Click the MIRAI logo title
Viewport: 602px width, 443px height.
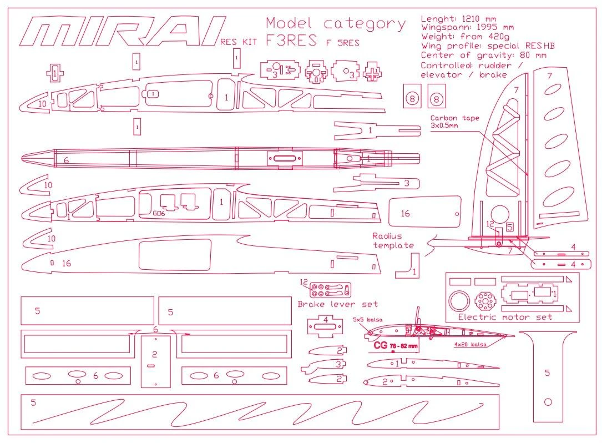122,31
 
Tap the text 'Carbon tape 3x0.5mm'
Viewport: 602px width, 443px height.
454,122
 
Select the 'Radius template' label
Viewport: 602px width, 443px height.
393,240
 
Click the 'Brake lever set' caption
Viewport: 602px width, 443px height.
337,304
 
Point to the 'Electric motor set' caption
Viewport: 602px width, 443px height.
505,317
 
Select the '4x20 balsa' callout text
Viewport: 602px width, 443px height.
471,345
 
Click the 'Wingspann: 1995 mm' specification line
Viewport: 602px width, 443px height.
467,27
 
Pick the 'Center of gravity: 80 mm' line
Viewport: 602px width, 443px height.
483,55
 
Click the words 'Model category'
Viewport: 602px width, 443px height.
336,24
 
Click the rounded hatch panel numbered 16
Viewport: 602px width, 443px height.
424,213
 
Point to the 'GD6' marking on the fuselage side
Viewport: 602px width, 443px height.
159,213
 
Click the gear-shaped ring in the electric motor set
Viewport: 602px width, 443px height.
485,301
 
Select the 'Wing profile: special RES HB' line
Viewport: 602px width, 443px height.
488,46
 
